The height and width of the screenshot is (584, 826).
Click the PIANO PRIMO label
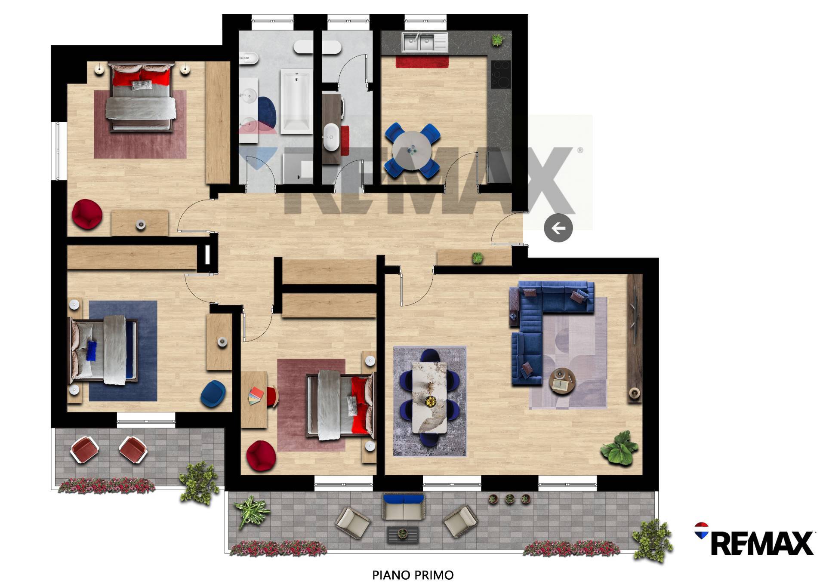(413, 575)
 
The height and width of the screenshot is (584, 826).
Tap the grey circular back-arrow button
(558, 227)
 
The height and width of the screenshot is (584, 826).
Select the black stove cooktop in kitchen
(501, 74)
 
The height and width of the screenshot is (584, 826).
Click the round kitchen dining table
(412, 151)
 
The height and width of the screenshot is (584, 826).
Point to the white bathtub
(296, 101)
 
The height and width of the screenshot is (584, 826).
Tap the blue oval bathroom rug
(267, 113)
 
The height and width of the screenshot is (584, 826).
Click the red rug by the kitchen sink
(422, 62)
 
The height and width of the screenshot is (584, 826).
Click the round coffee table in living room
(562, 381)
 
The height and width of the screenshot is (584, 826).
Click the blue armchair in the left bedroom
(213, 393)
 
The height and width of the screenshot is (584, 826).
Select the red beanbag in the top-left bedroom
(87, 214)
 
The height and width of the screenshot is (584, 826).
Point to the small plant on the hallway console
(477, 258)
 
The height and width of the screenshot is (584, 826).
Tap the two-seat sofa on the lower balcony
(404, 507)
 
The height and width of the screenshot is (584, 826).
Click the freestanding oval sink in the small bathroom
(331, 137)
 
